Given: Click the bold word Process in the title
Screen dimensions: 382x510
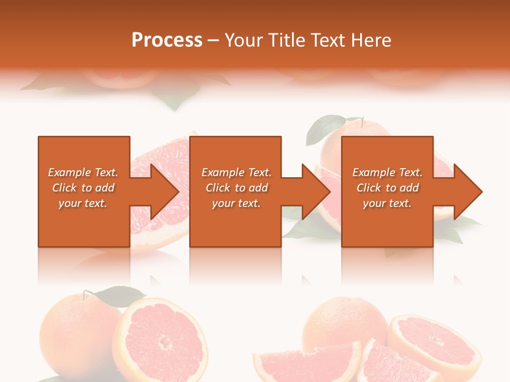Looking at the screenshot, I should (x=167, y=40).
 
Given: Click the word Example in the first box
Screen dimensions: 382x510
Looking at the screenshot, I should (x=69, y=172).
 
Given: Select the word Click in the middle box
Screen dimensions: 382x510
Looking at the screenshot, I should (x=218, y=188).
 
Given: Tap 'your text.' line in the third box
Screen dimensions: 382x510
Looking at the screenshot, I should (x=387, y=203).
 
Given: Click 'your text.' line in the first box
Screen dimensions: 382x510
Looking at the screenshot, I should (x=82, y=203).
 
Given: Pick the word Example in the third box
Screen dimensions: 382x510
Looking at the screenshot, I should (x=373, y=172).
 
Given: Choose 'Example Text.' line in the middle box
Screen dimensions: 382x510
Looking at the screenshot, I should (x=236, y=172).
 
